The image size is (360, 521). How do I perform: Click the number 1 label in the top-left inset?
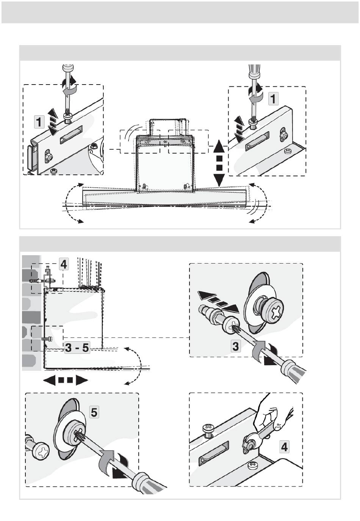(39, 122)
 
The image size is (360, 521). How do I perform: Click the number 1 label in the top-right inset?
(273, 98)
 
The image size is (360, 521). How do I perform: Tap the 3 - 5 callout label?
(77, 348)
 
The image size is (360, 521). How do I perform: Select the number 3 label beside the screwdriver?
(236, 346)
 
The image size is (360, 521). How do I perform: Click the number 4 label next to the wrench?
(284, 447)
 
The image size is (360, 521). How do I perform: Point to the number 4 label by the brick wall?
(64, 264)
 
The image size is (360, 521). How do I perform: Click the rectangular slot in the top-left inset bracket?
(71, 135)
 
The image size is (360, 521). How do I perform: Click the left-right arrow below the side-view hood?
(66, 380)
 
